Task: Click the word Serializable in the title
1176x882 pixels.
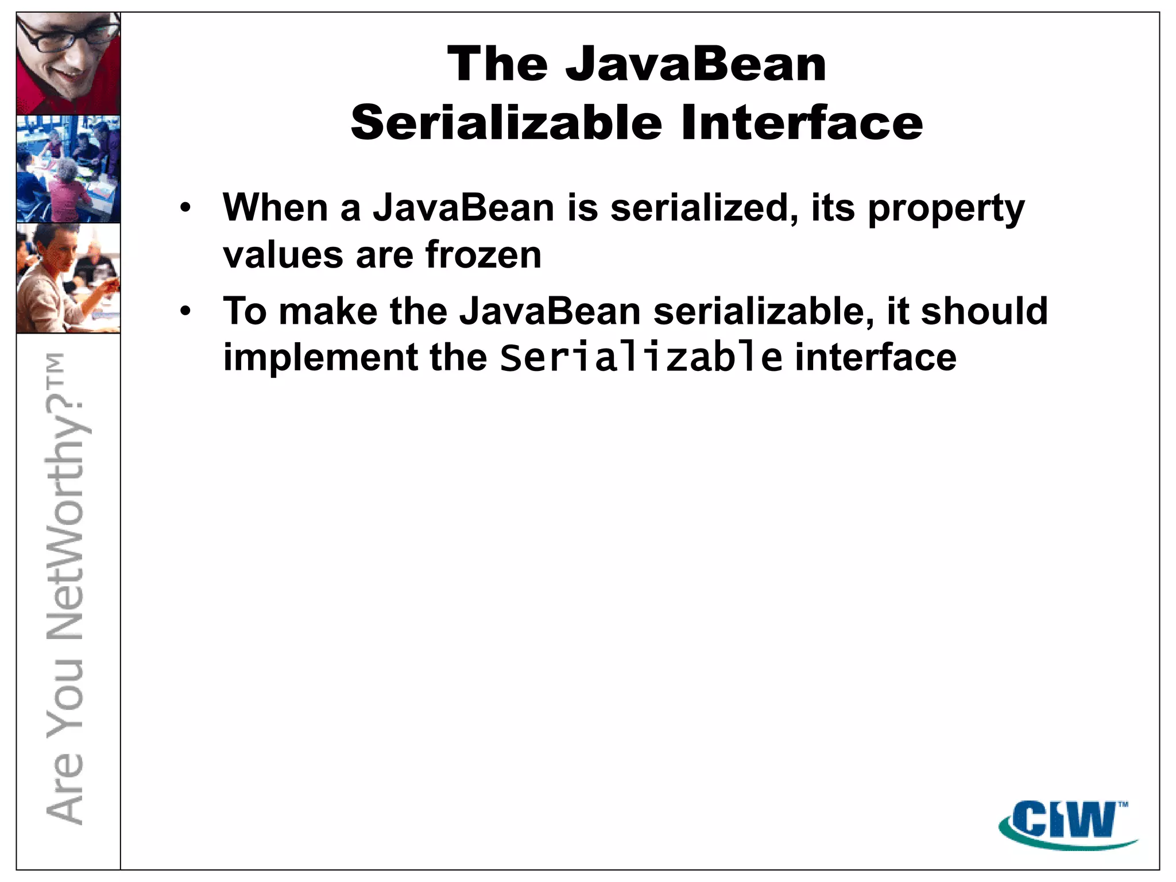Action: pos(506,123)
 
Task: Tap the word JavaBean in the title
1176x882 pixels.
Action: pos(696,64)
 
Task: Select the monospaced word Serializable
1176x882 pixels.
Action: pos(641,358)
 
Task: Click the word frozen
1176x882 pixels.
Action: pos(483,255)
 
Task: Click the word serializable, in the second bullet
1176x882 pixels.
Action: pos(764,312)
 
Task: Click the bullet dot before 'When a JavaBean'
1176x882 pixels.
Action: pos(184,208)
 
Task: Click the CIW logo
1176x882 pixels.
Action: pos(1068,823)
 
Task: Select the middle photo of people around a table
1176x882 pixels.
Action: pos(68,169)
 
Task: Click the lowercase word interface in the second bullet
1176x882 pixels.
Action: pos(876,358)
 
